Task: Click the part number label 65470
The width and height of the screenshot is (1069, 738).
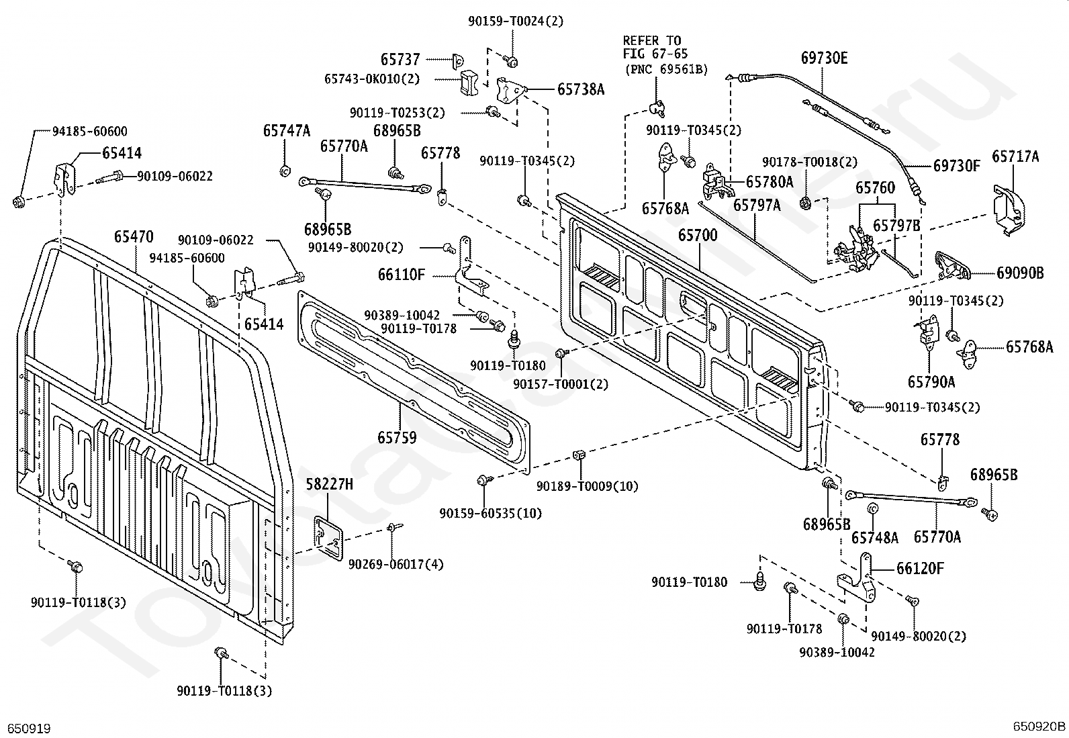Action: (x=134, y=237)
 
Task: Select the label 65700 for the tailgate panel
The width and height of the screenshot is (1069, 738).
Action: (x=698, y=235)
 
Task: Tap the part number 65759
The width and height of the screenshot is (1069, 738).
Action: (x=397, y=438)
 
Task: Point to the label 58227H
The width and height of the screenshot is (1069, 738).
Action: (x=330, y=485)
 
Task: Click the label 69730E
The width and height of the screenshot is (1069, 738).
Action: (x=824, y=58)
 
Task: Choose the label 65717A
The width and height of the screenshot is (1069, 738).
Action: (x=1015, y=156)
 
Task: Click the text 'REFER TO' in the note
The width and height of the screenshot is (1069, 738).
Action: (x=652, y=40)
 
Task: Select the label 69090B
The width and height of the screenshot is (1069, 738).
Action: (x=1021, y=273)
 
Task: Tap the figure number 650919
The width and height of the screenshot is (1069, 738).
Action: (x=30, y=729)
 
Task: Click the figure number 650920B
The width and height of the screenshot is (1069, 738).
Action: (x=1039, y=726)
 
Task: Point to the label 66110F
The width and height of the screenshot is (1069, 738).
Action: (x=402, y=275)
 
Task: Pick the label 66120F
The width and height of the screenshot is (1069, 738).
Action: (x=920, y=569)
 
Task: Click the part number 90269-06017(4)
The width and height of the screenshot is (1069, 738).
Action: (x=396, y=565)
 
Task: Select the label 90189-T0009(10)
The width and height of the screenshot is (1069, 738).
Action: (x=588, y=486)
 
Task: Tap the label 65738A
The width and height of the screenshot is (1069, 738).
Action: (x=581, y=90)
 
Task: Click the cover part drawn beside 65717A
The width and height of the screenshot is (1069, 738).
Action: (x=1009, y=210)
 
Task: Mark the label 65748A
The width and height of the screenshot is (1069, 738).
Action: (x=875, y=538)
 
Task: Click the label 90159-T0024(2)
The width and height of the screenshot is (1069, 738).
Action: (x=516, y=21)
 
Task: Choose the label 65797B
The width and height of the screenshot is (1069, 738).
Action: (x=896, y=226)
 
